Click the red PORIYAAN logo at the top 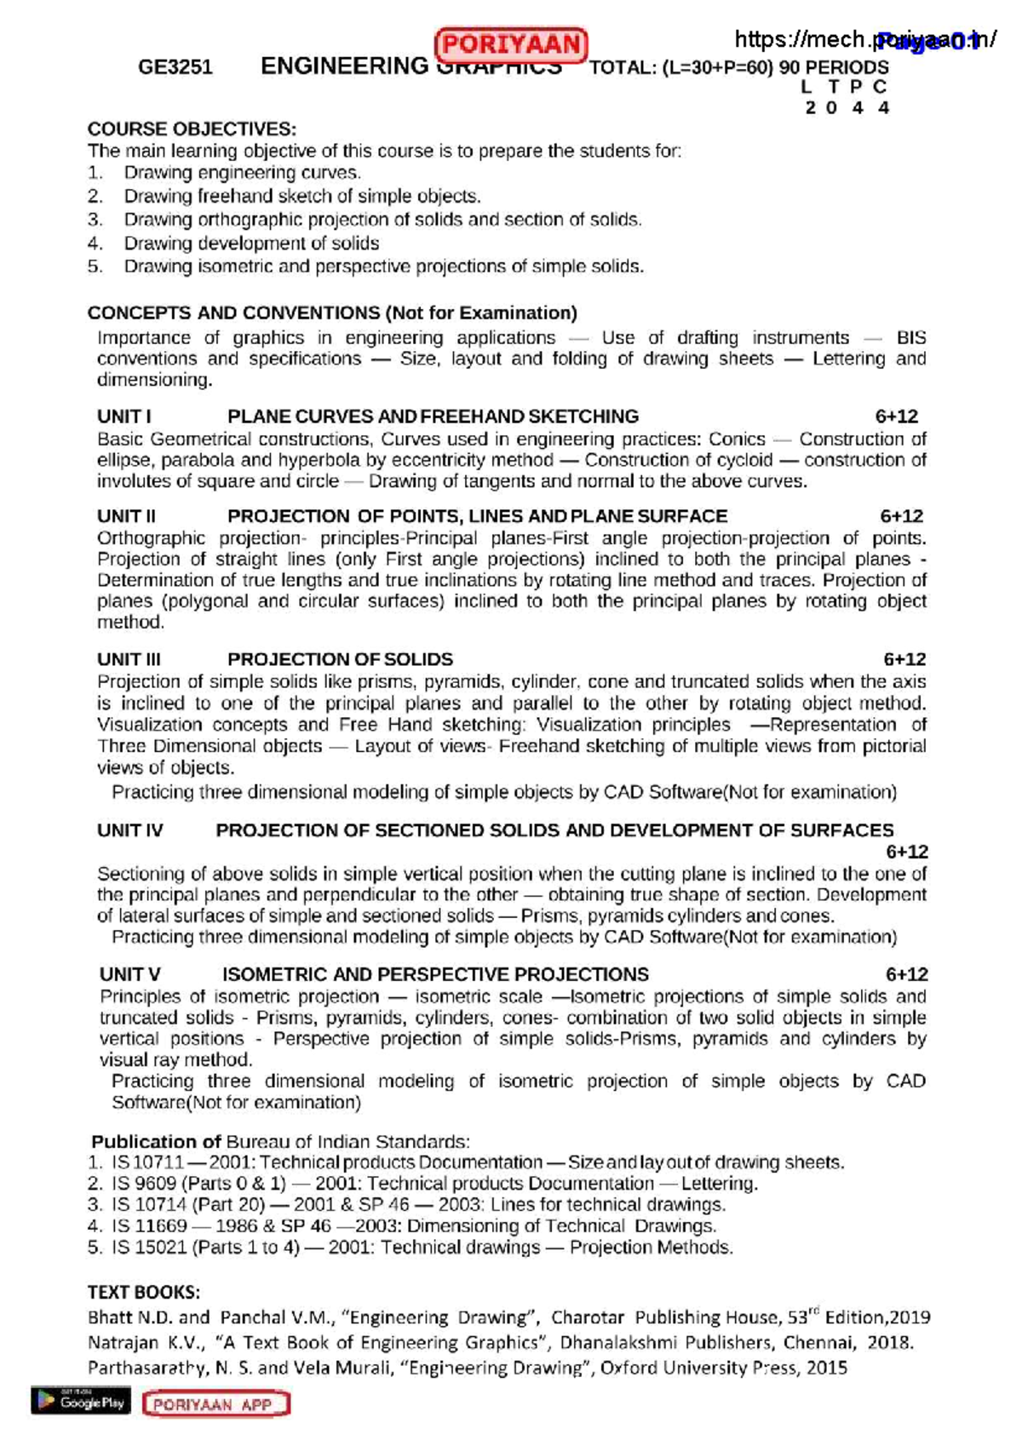pyautogui.click(x=510, y=44)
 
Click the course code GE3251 pyautogui.click(x=175, y=67)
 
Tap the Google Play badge pyautogui.click(x=81, y=1401)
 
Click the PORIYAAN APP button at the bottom pyautogui.click(x=216, y=1404)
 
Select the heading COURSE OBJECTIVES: pyautogui.click(x=192, y=129)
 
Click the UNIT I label pyautogui.click(x=124, y=416)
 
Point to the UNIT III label pyautogui.click(x=129, y=659)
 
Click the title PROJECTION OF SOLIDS pyautogui.click(x=340, y=659)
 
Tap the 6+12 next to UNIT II pyautogui.click(x=901, y=516)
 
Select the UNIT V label pyautogui.click(x=129, y=974)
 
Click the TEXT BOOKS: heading pyautogui.click(x=143, y=1292)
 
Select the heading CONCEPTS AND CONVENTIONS pyautogui.click(x=233, y=313)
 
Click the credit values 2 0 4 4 pyautogui.click(x=847, y=108)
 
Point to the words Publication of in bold pyautogui.click(x=156, y=1142)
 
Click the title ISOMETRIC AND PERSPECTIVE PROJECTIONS pyautogui.click(x=435, y=974)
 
